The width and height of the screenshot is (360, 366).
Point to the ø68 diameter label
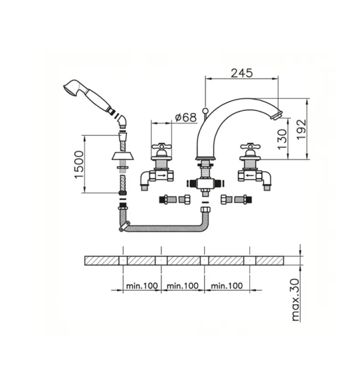[x=186, y=117]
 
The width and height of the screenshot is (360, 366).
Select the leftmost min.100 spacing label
[x=141, y=285]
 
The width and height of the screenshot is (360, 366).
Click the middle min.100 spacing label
[x=183, y=285]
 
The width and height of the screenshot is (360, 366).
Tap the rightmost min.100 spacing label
[x=226, y=285]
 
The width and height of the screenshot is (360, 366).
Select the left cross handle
[x=162, y=148]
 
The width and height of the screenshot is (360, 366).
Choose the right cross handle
[x=250, y=148]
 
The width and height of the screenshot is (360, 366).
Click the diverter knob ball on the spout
[x=205, y=110]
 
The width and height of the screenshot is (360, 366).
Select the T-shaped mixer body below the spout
[x=205, y=183]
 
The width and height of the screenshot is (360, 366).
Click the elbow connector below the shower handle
[x=122, y=120]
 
